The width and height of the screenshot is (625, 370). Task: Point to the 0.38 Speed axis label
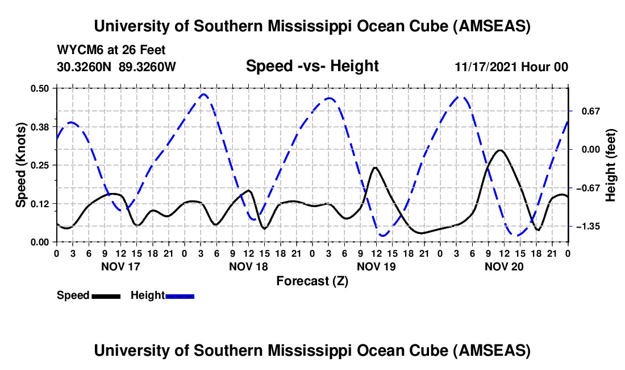[40, 126]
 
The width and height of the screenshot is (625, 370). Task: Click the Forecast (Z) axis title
[312, 281]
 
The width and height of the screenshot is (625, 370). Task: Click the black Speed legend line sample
[105, 296]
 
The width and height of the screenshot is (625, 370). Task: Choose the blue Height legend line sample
[180, 296]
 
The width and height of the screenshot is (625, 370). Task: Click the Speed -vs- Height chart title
[312, 66]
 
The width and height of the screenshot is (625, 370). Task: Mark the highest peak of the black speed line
[499, 150]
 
